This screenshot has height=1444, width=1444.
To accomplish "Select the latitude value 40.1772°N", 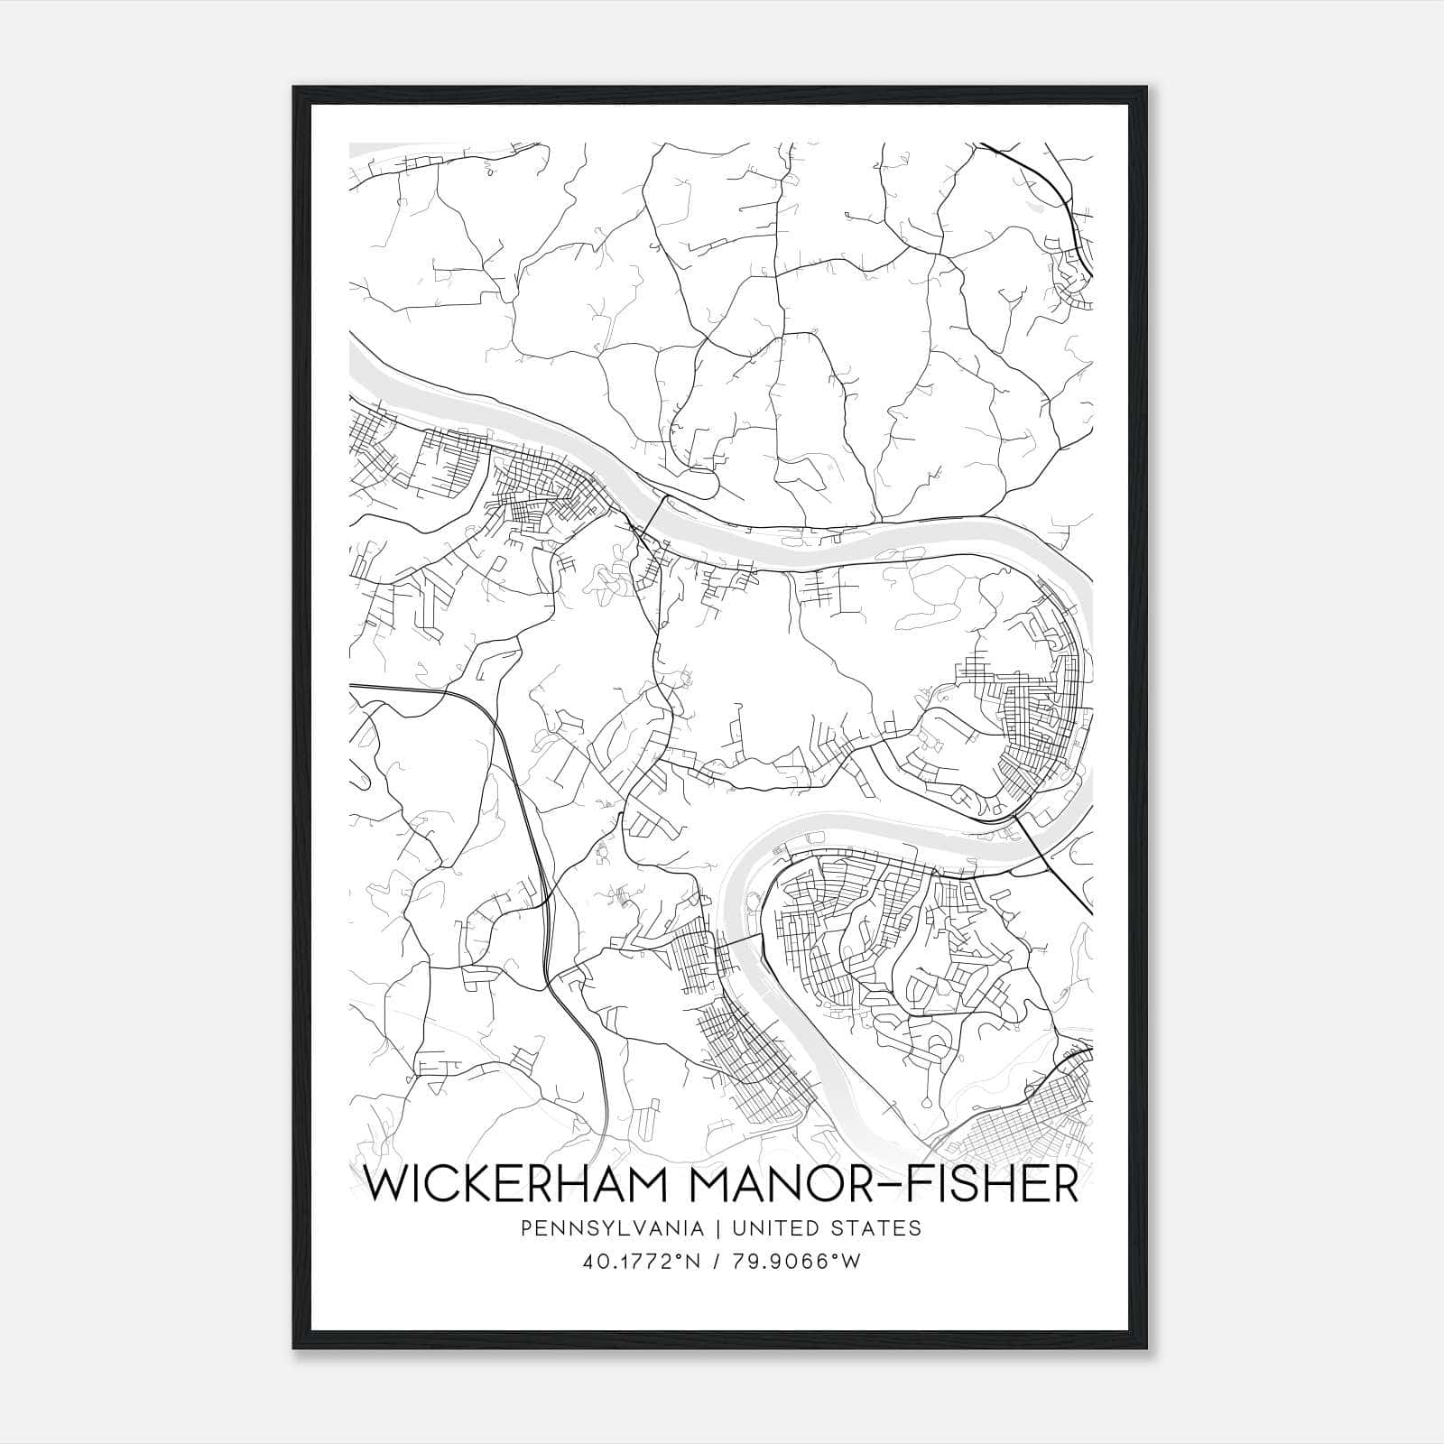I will (x=643, y=1262).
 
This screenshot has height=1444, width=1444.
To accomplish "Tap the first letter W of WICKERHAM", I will (x=384, y=1184).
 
